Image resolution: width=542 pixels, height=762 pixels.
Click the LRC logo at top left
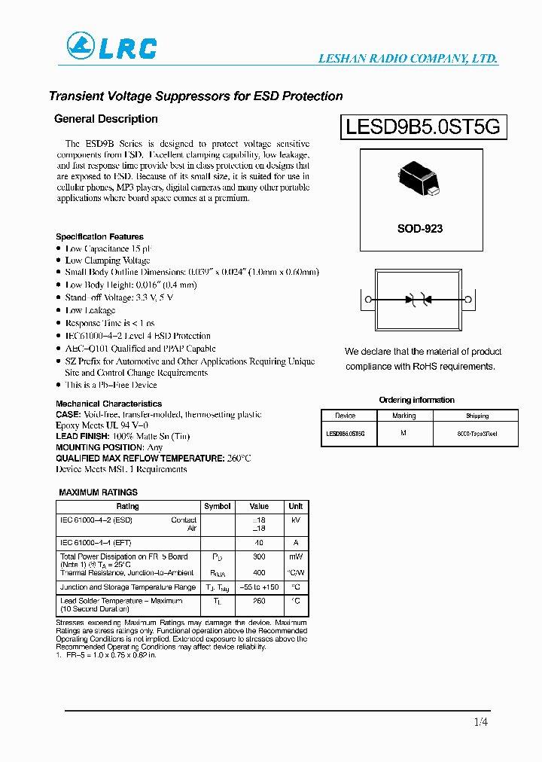111,47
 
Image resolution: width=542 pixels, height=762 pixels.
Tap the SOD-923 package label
420,228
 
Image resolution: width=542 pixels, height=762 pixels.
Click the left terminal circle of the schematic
369,300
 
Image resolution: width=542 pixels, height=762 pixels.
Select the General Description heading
106,119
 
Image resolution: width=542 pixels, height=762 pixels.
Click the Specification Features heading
99,236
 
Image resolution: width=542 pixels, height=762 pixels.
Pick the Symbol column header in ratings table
218,506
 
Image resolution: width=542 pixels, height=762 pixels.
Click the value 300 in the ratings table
259,556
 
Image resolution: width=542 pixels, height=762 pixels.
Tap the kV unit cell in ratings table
296,520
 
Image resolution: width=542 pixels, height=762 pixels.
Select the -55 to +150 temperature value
259,587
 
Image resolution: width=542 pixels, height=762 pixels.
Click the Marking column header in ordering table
404,416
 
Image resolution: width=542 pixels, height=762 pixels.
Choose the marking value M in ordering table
404,434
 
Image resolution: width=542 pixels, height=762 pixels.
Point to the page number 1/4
481,723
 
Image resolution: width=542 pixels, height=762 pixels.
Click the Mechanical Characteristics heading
108,404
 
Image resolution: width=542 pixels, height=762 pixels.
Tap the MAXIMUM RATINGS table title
98,492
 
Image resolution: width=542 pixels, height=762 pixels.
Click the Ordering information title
416,400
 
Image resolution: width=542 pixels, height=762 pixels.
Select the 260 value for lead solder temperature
259,601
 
